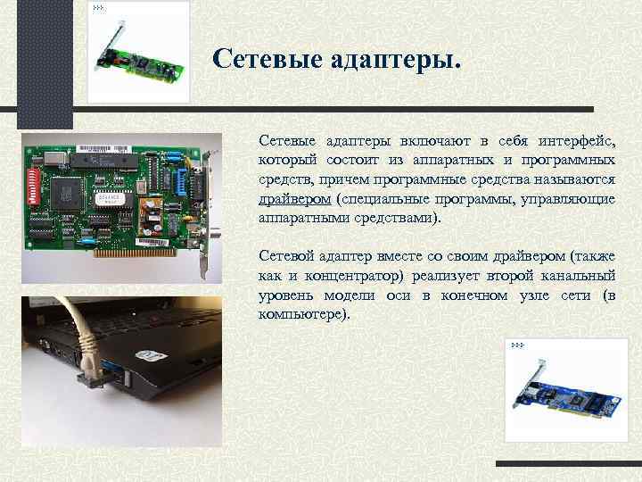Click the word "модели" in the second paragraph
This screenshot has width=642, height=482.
coord(339,295)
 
